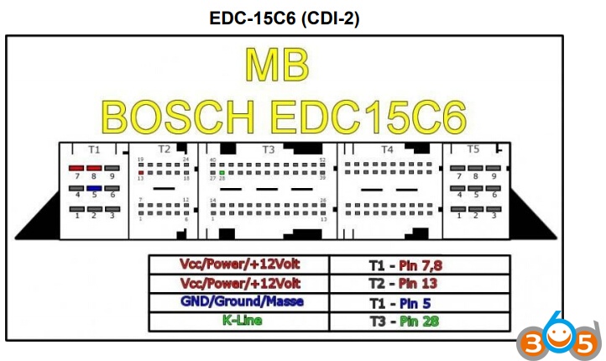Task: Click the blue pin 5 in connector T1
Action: click(x=93, y=188)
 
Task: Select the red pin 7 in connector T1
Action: click(x=76, y=169)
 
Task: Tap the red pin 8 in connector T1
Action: click(x=93, y=169)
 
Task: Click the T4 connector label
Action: click(x=387, y=149)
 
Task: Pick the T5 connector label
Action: click(x=473, y=149)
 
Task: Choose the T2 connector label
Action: click(x=164, y=149)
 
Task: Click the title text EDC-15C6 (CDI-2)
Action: click(x=285, y=18)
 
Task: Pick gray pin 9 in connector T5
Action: click(x=494, y=169)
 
